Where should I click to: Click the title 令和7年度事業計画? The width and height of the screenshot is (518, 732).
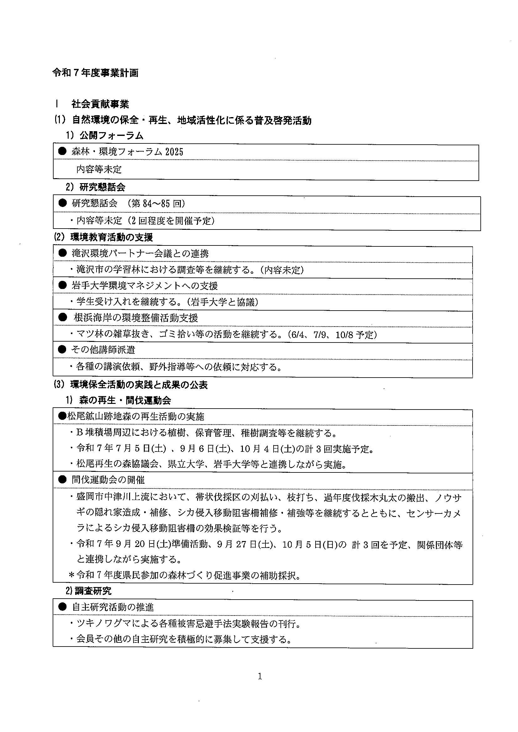click(x=96, y=73)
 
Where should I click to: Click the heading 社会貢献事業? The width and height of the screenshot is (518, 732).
click(x=100, y=104)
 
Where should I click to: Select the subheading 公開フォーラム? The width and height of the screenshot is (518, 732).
click(x=111, y=136)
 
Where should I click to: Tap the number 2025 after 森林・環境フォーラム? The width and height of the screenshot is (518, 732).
click(x=174, y=152)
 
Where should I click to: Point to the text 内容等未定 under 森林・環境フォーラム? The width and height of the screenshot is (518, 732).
click(x=99, y=169)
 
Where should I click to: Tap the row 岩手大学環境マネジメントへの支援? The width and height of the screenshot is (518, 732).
click(x=144, y=286)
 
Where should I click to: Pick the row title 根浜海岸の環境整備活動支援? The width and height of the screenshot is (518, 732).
click(x=136, y=318)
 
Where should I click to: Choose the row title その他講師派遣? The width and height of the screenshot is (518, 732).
click(x=103, y=350)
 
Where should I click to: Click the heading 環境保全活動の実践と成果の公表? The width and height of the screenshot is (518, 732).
click(x=139, y=385)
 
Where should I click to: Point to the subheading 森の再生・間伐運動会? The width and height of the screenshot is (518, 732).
click(x=125, y=400)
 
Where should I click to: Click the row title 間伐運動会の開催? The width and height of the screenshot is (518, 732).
click(x=108, y=480)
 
